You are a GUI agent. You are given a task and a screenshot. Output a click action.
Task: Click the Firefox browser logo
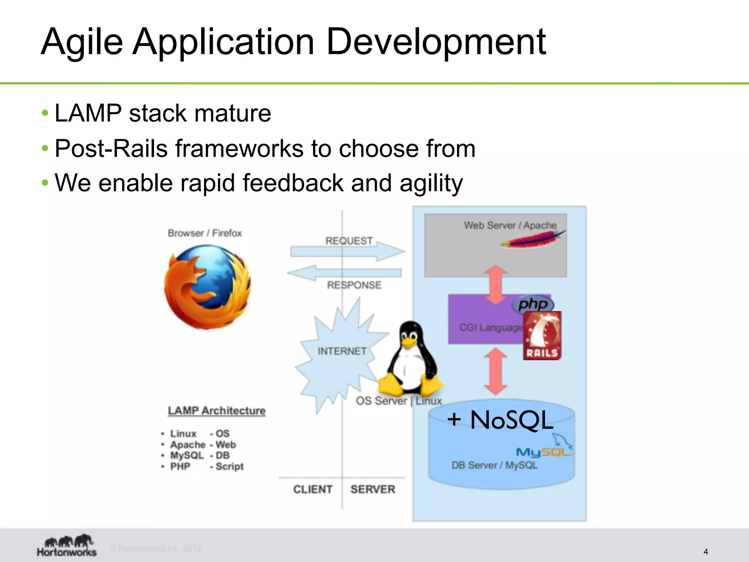pyautogui.click(x=207, y=287)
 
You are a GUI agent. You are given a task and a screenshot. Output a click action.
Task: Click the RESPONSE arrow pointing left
pyautogui.click(x=344, y=273)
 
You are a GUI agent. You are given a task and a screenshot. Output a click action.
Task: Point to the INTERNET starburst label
pyautogui.click(x=342, y=351)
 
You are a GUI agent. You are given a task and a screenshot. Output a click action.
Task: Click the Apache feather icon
pyautogui.click(x=532, y=240)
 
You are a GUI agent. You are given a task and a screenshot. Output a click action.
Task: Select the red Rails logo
pyautogui.click(x=542, y=336)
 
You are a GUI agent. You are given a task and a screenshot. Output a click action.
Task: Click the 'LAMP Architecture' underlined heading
pyautogui.click(x=217, y=411)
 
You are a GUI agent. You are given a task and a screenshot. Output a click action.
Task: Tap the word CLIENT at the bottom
pyautogui.click(x=313, y=489)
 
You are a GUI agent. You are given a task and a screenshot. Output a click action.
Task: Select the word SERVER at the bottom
pyautogui.click(x=373, y=489)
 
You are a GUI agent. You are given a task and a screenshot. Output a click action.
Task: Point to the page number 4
pyautogui.click(x=705, y=551)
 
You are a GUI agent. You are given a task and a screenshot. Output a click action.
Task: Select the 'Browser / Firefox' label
pyautogui.click(x=205, y=233)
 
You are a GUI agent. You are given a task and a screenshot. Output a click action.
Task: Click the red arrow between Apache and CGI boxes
pyautogui.click(x=496, y=285)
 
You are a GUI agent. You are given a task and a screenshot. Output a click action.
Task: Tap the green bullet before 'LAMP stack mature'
pyautogui.click(x=45, y=113)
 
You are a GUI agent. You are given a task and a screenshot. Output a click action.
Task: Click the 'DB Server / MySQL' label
pyautogui.click(x=494, y=465)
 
